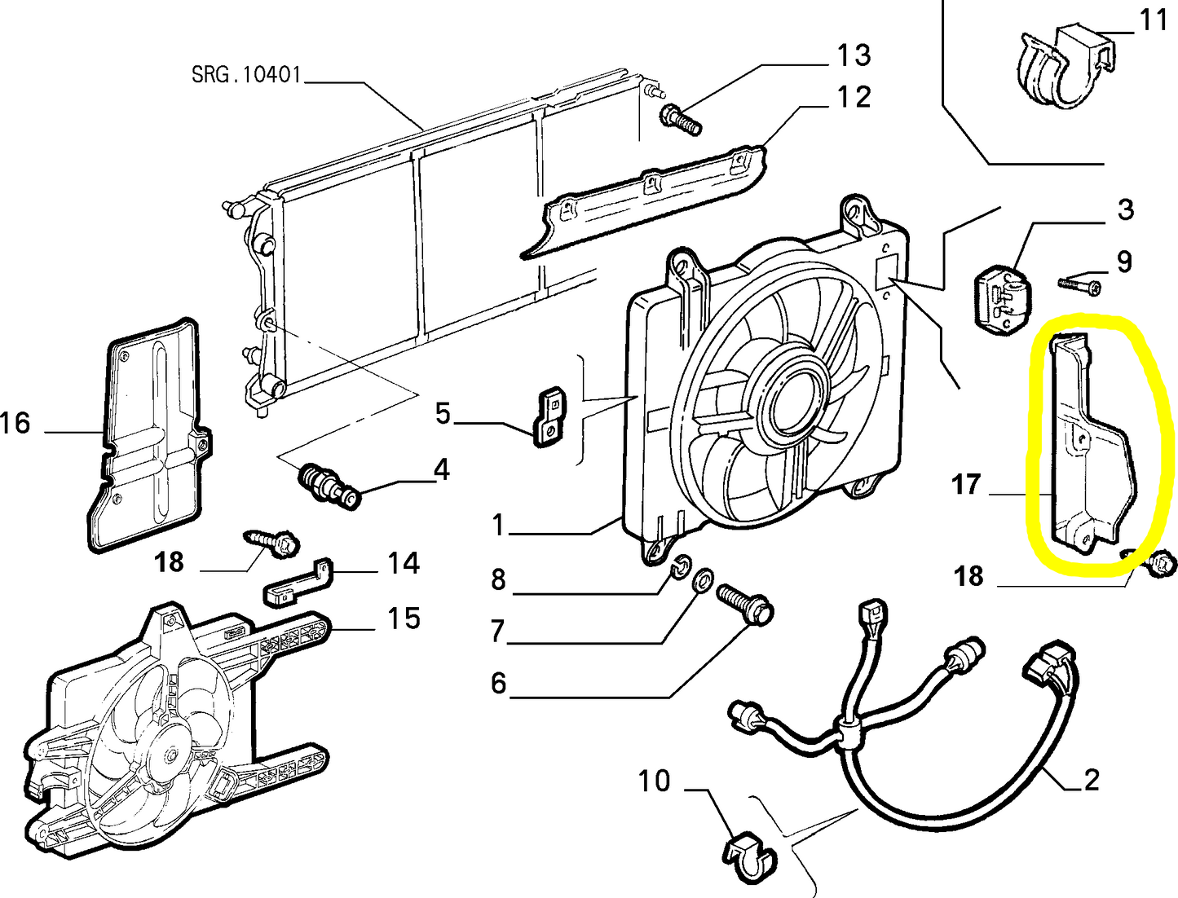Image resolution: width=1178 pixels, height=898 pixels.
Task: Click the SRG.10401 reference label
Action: [x=246, y=75]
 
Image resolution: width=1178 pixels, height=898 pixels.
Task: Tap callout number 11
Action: [x=1152, y=20]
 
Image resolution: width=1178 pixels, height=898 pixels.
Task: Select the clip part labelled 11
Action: [x=1060, y=65]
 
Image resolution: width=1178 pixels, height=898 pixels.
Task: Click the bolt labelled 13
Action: [x=679, y=119]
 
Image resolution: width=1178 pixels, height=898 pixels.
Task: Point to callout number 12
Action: [x=853, y=97]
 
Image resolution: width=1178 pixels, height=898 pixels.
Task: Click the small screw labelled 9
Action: [x=1080, y=284]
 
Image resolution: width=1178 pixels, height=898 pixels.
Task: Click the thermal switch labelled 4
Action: [x=330, y=486]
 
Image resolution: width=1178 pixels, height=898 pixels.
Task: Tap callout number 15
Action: [x=403, y=618]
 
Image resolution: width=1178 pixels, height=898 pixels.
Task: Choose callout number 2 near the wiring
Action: [x=1092, y=780]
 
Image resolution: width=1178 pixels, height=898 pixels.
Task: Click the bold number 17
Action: [x=965, y=485]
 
